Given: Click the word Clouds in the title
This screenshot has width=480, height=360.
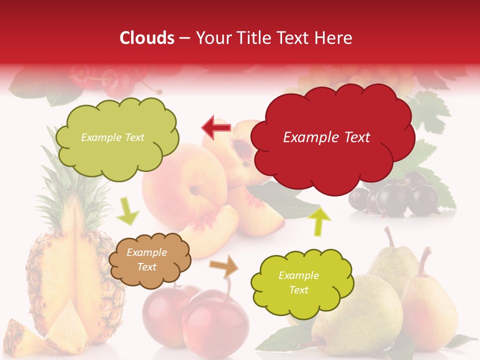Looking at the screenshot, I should pos(147,38).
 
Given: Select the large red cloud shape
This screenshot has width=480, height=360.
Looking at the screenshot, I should pos(332,138).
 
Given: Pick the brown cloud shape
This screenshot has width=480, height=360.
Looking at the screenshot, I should pos(149,260).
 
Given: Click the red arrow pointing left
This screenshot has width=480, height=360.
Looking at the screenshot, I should pos(216,127).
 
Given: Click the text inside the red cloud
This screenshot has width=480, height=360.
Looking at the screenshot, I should pos(327,137).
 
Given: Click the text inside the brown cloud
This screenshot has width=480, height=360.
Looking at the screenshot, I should pos(147,260).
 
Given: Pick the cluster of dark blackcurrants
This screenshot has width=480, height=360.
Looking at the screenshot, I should pos(400,197).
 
